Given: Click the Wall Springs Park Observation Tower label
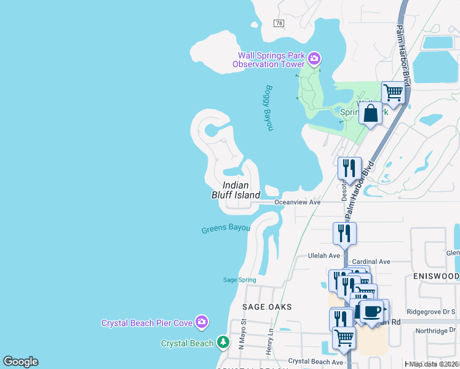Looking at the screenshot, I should click(x=268, y=60).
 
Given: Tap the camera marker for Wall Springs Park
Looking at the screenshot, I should click(x=314, y=59).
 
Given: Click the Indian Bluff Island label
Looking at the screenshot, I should click(x=236, y=189).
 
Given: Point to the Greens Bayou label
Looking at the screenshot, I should click(x=226, y=229).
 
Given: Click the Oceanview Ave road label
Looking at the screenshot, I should click(x=298, y=202).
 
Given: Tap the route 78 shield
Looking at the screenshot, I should click(x=279, y=23).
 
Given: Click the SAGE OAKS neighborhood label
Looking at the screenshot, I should click(x=266, y=306).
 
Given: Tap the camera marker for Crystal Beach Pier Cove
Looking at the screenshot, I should click(x=202, y=322).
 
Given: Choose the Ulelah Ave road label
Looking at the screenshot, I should click(x=323, y=256).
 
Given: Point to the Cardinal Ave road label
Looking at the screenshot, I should click(x=371, y=261).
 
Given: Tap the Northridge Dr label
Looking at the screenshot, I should click(x=435, y=331).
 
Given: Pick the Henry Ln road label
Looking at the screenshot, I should click(x=269, y=339).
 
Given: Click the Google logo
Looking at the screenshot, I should click(x=20, y=362).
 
